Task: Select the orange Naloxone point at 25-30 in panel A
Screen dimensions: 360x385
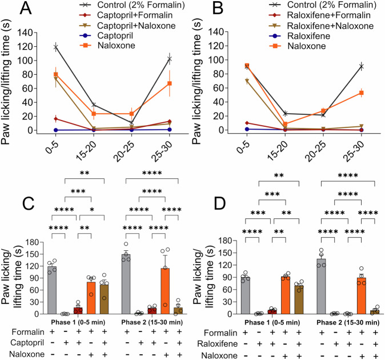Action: [170, 83]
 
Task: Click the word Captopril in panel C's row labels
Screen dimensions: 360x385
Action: [29, 342]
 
